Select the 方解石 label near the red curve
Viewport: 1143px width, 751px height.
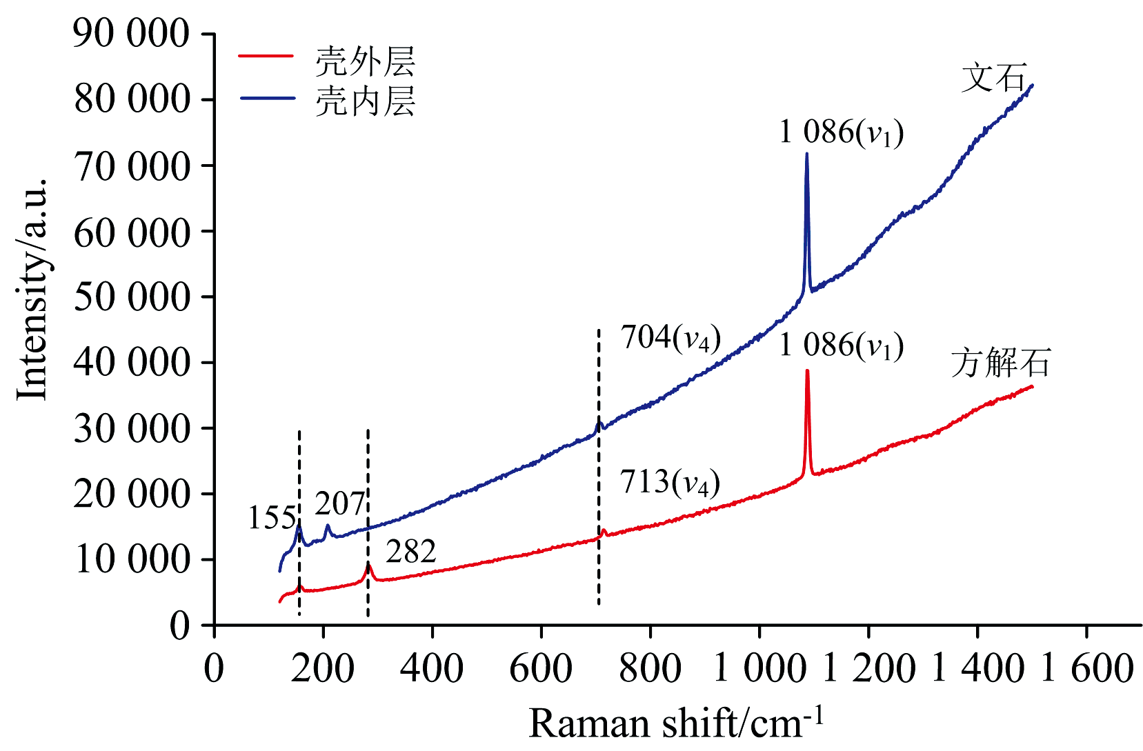[1000, 363]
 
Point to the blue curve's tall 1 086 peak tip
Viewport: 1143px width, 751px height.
[806, 154]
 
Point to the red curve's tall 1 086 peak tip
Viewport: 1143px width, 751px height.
[806, 371]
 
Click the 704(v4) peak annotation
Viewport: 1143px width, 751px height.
[670, 339]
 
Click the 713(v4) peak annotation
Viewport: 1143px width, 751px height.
[670, 483]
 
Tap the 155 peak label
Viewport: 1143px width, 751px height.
[272, 518]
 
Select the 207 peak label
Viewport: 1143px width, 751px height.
[339, 504]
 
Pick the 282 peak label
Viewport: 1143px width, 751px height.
[410, 552]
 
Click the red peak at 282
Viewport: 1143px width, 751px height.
[368, 565]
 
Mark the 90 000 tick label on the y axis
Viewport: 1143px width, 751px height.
[131, 34]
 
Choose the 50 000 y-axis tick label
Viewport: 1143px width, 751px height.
[131, 297]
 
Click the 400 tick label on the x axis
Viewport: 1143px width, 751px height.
[432, 668]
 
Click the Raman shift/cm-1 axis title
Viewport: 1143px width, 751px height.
[676, 723]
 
